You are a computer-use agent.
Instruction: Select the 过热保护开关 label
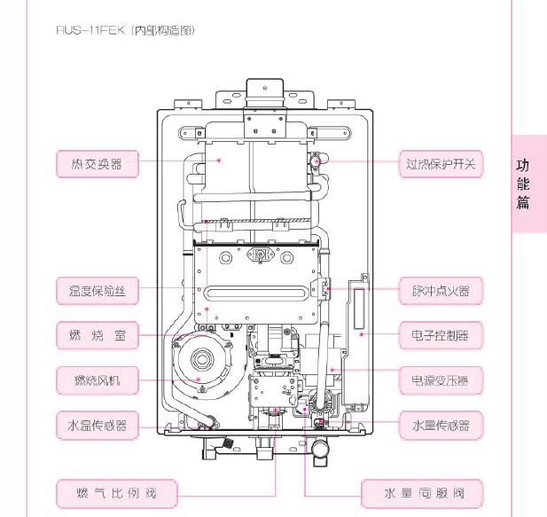[441, 164]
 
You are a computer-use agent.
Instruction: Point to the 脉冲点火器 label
[441, 290]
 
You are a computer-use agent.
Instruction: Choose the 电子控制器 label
[441, 336]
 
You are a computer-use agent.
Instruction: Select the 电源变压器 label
[441, 381]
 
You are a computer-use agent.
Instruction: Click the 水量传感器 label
[441, 426]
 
